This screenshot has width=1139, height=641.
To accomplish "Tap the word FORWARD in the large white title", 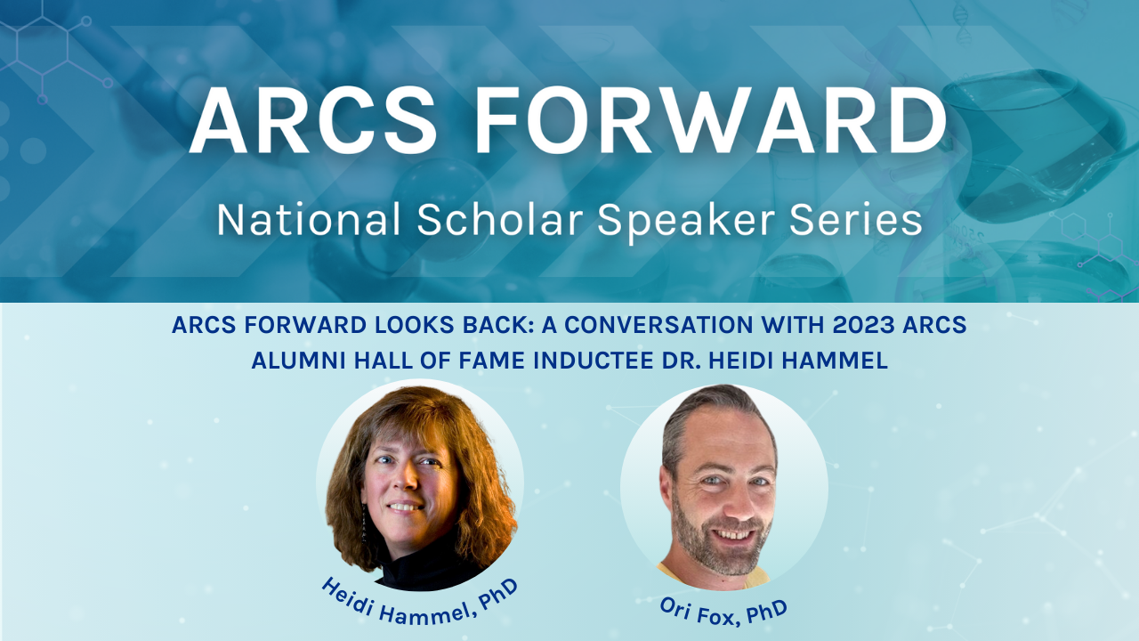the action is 711,120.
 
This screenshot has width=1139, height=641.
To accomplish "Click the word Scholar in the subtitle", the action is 500,220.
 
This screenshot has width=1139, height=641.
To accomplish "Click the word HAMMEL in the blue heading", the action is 835,361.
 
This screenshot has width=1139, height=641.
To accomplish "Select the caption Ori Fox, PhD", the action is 723,612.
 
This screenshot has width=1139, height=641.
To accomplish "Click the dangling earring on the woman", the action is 364,523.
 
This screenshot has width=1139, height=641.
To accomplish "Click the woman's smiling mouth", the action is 405,507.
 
